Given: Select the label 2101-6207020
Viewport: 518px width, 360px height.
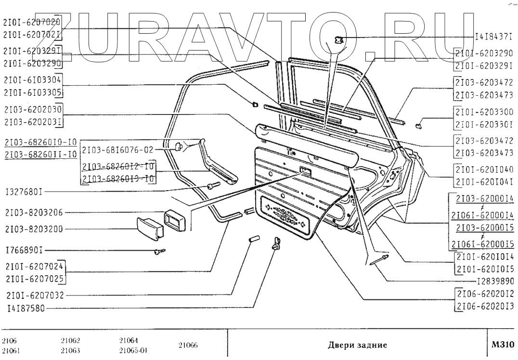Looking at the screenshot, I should point(32,22).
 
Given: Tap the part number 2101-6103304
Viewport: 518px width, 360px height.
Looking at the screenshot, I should point(32,79).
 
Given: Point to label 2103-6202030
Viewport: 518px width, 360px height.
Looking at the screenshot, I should point(32,110).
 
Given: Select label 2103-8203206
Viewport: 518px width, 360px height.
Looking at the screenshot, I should point(34,212).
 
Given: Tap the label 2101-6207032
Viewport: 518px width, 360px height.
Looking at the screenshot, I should point(34,295).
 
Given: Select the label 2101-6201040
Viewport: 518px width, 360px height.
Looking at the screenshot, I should point(484,169).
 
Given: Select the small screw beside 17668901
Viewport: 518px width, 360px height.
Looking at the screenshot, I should point(160,251).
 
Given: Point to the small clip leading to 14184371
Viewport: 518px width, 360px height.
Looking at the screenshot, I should point(339,40).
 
